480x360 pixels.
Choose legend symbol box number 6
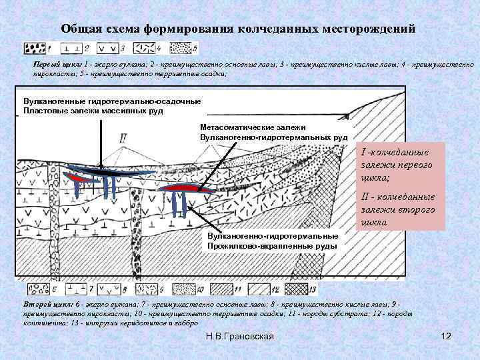coord(35,289)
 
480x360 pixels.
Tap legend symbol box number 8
coord(108,289)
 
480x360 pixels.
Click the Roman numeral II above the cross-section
coord(123,139)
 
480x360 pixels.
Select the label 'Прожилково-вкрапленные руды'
coord(272,246)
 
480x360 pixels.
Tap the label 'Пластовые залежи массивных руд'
coord(93,111)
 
